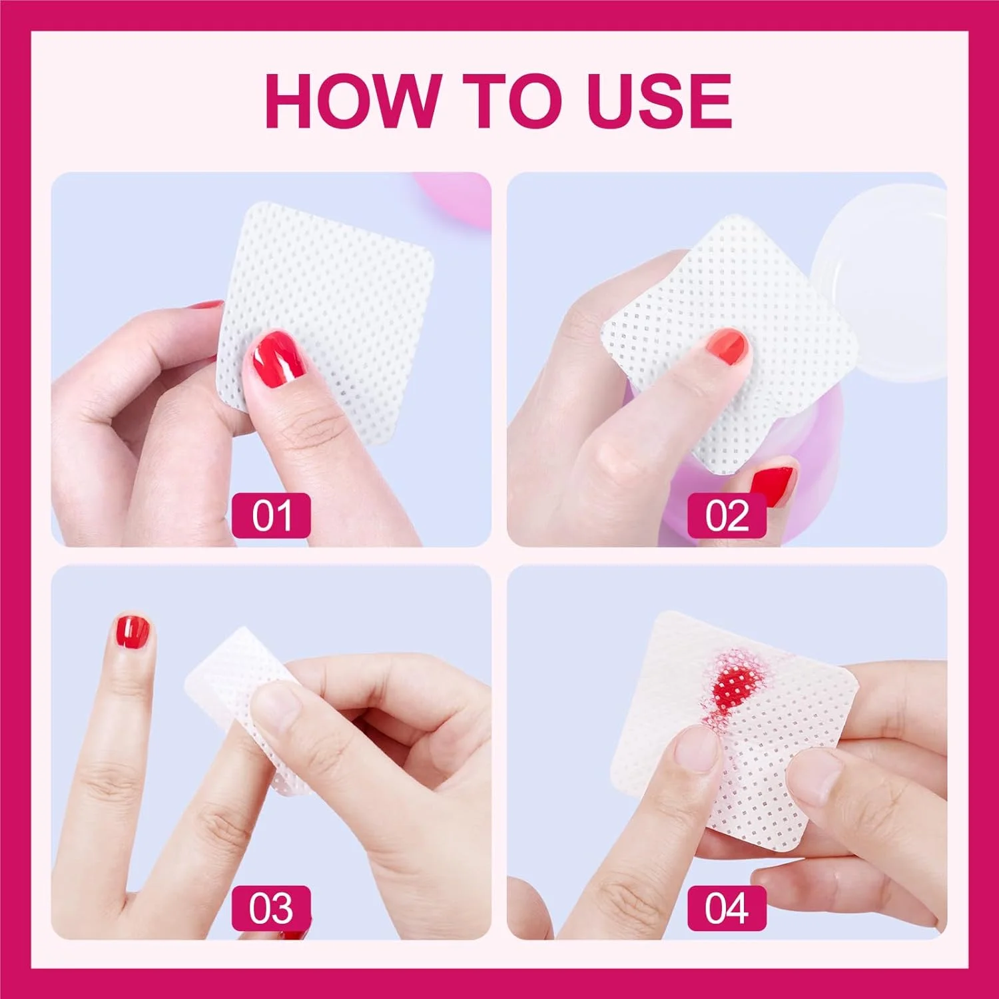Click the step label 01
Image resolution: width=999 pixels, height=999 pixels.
(271, 515)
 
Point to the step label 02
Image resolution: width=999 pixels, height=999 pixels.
(727, 515)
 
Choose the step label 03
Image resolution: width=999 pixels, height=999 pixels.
(271, 908)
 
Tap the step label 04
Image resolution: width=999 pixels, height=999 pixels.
(727, 908)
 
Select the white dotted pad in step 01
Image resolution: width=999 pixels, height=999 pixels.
(326, 320)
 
